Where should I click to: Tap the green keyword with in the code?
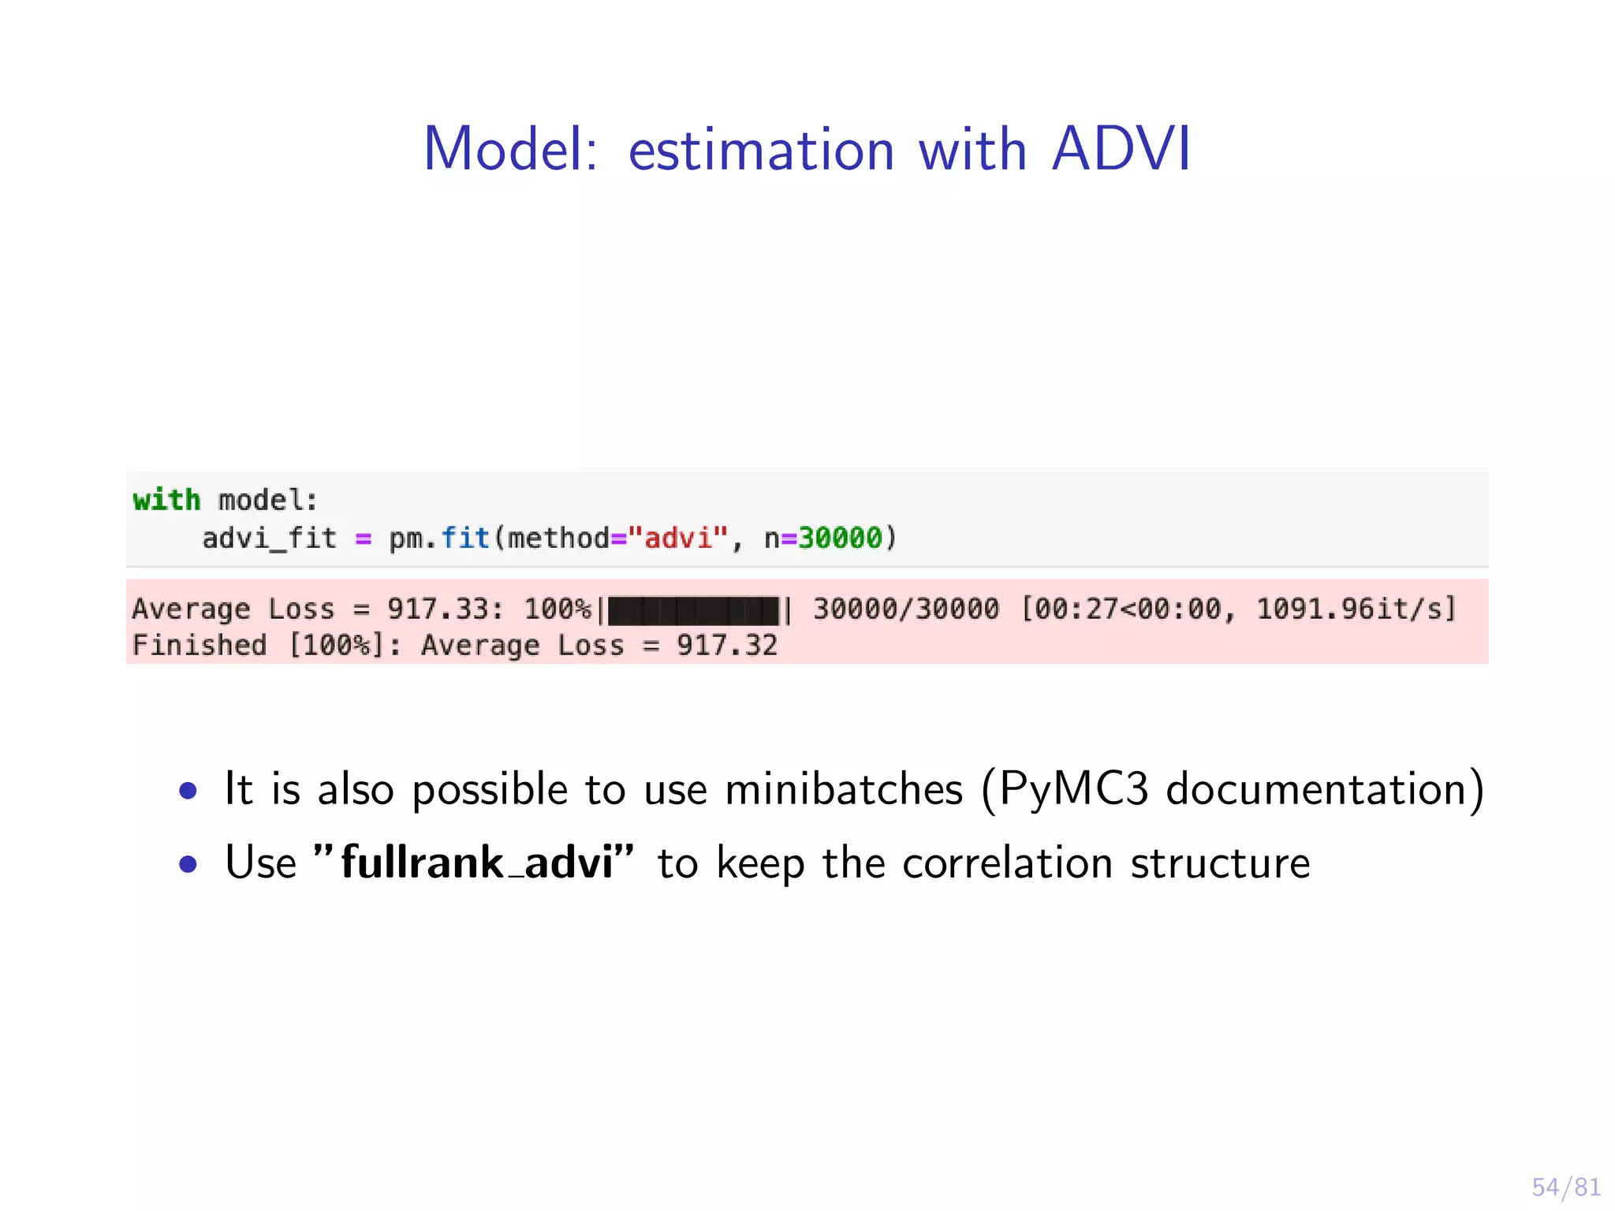point(166,500)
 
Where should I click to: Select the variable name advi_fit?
point(269,538)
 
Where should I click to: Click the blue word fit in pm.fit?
point(465,538)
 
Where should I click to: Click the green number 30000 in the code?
point(840,538)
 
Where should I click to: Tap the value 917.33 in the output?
point(438,609)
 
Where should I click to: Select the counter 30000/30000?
point(905,609)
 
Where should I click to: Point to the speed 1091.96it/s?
point(1355,609)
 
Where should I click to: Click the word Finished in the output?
point(200,646)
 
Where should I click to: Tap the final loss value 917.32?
point(726,646)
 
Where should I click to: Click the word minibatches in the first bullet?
point(843,789)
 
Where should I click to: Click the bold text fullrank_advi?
point(476,863)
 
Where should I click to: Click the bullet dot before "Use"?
point(188,865)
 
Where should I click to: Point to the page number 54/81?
point(1565,1187)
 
